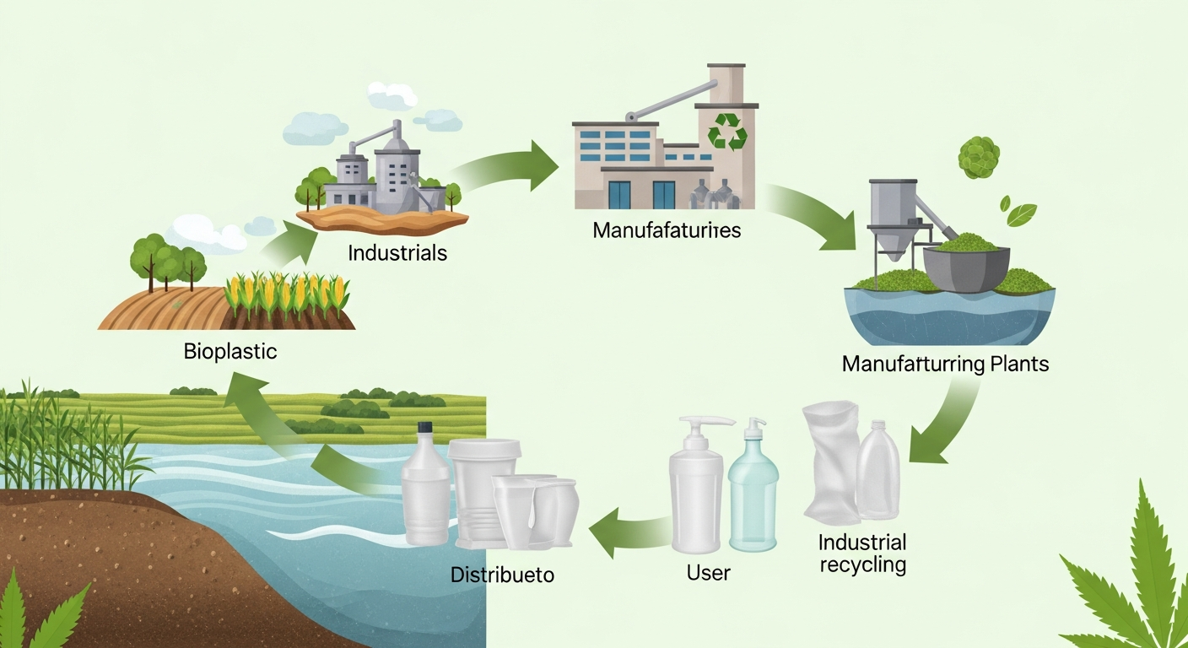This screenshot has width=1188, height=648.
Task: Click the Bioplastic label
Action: [229, 352]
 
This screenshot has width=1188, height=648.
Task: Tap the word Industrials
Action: [397, 251]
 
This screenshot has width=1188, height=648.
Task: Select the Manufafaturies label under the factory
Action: [667, 229]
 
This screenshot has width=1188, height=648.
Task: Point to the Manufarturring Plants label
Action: [945, 364]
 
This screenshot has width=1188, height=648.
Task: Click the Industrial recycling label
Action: [862, 553]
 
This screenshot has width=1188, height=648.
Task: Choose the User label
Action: [708, 573]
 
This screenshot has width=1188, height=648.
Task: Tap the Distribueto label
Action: [502, 575]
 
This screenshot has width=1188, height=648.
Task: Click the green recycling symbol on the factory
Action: [726, 132]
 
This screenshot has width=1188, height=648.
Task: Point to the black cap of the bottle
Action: [424, 429]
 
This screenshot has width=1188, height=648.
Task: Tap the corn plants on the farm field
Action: [287, 295]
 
